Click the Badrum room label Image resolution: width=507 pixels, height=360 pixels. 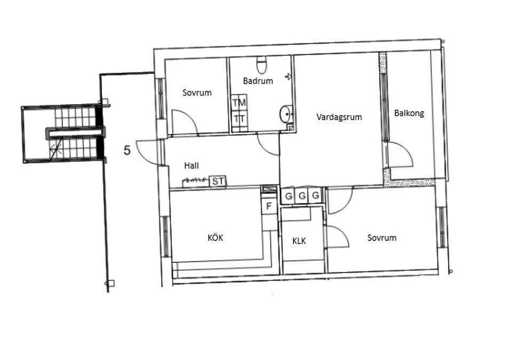coord(258,81)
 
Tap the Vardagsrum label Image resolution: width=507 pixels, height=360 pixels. coord(339,117)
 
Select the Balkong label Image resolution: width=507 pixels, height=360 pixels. coord(409,113)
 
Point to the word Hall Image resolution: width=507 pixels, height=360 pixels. coord(192,166)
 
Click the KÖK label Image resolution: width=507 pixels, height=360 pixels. coord(216,238)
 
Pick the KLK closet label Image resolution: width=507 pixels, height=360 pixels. coord(299,241)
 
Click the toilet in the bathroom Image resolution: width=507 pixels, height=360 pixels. coord(262,65)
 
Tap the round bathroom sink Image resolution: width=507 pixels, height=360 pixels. coord(286,114)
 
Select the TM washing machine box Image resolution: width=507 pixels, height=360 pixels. coord(239,103)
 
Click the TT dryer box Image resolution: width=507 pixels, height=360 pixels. coord(239,119)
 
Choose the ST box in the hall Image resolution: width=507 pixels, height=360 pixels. coord(218,181)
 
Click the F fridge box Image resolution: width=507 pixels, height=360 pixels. coord(268,206)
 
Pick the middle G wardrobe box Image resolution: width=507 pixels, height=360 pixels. coord(302,195)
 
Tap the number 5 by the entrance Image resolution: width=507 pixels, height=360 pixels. coord(127,150)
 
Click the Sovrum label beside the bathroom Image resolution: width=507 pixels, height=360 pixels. coord(197,93)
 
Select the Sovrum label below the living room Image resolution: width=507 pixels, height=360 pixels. coord(382,238)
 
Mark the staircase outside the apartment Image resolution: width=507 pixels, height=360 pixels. coord(76,134)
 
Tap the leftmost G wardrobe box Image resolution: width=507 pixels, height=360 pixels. coord(288,195)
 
